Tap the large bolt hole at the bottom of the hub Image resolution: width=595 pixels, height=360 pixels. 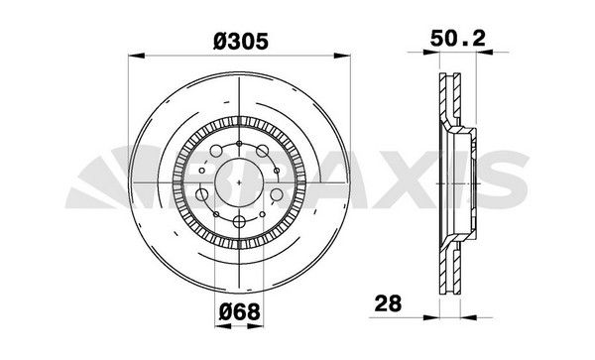coord(241,223)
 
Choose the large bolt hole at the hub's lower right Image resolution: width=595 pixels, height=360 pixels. coord(276,195)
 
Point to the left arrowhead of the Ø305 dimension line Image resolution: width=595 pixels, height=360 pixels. coord(133,58)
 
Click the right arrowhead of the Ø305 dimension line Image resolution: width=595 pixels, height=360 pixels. coord(350,58)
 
